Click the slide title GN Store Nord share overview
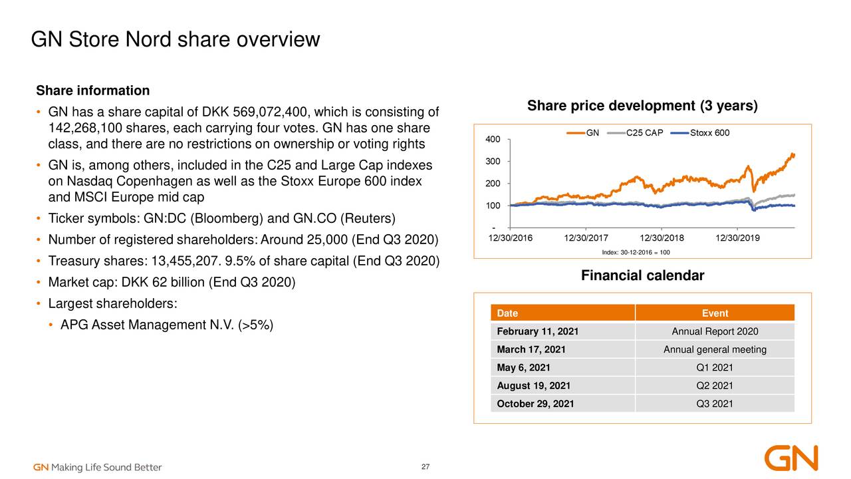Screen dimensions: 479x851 click(x=176, y=40)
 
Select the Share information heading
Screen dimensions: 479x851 click(x=92, y=90)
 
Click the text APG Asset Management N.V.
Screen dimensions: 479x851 click(x=147, y=325)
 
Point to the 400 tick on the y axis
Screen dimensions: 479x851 click(x=493, y=139)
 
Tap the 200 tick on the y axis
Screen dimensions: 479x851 click(x=493, y=184)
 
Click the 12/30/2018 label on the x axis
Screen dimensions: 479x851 click(x=662, y=238)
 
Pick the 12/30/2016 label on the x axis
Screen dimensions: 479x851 click(x=511, y=238)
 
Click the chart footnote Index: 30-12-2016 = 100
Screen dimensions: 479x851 click(x=636, y=252)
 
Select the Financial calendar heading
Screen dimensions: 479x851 click(x=642, y=276)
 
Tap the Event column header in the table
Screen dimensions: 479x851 click(x=715, y=313)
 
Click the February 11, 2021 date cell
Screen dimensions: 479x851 click(x=537, y=332)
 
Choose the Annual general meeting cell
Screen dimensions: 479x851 click(x=715, y=350)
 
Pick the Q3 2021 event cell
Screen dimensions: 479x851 click(x=715, y=404)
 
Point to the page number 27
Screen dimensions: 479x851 click(x=425, y=466)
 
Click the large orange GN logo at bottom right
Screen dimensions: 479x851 click(x=791, y=458)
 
